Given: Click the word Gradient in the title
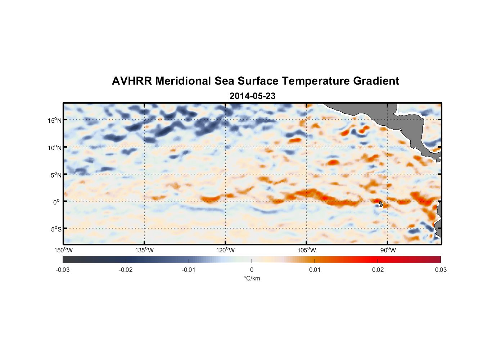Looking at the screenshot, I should [376, 81].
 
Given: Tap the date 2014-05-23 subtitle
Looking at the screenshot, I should [252, 96].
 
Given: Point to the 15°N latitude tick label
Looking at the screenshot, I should [54, 120].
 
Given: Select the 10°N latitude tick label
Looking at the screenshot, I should [54, 148].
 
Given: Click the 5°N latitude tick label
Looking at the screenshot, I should [55, 175].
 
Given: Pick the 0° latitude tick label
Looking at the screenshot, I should [57, 202].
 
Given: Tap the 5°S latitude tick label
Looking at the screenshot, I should [55, 229].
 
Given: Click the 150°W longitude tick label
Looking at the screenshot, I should [63, 250].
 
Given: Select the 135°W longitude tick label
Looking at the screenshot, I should [144, 250].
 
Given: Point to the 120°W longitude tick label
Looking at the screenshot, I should [225, 250].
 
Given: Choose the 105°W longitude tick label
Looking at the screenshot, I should [307, 250].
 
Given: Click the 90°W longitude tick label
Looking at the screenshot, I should [388, 250].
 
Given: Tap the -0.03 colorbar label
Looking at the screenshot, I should [63, 270].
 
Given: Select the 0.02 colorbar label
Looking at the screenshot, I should [378, 270].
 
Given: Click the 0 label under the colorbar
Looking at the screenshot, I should [252, 270].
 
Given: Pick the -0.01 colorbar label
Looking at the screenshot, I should [189, 270].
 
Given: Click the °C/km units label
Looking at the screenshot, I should [252, 278].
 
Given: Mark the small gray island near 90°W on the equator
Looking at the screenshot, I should [381, 203].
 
